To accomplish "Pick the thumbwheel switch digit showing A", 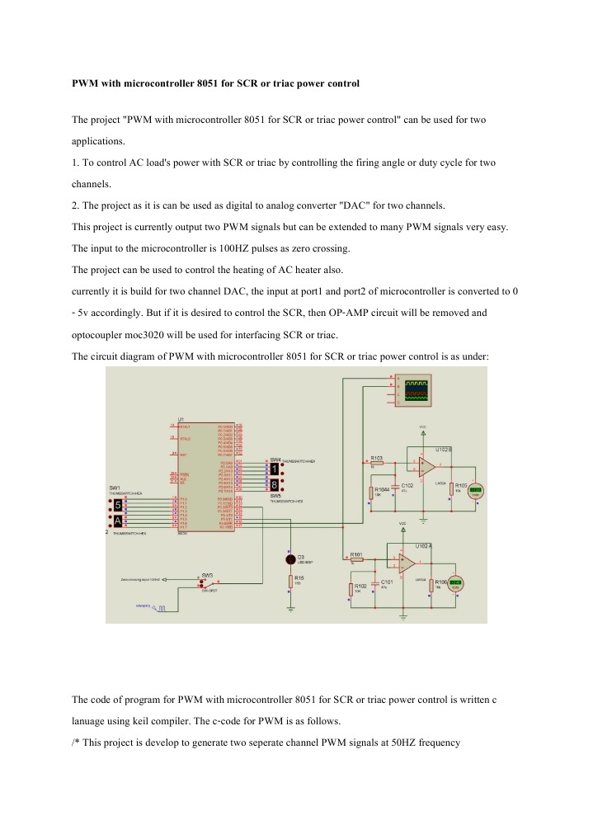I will coord(119,521).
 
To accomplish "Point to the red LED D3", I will coord(290,559).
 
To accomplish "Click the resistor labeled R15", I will coord(290,582).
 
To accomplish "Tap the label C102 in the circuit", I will coord(407,486).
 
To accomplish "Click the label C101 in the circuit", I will coord(386,581).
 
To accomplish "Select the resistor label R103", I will coord(377,458).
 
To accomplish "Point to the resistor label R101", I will coord(356,554).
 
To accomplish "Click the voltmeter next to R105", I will coord(476,490).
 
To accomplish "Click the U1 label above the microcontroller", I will coord(181,418).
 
